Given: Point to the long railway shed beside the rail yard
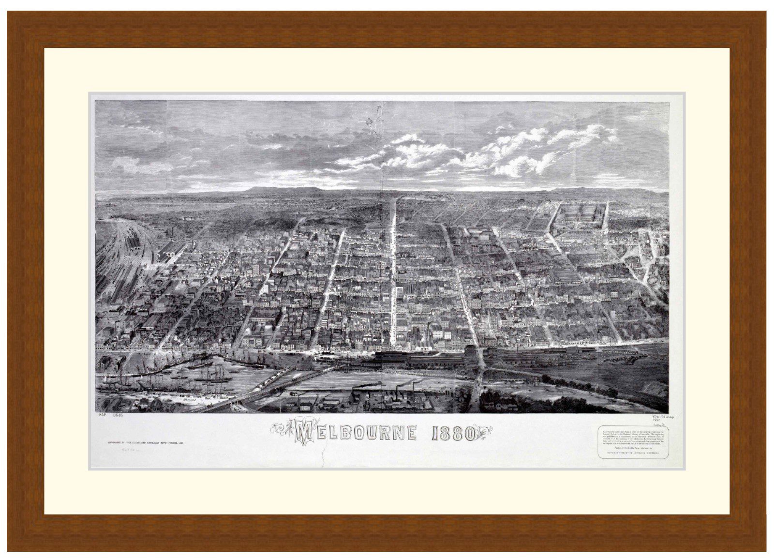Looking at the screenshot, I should point(170,252).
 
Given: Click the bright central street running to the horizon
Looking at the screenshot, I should point(393,271).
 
